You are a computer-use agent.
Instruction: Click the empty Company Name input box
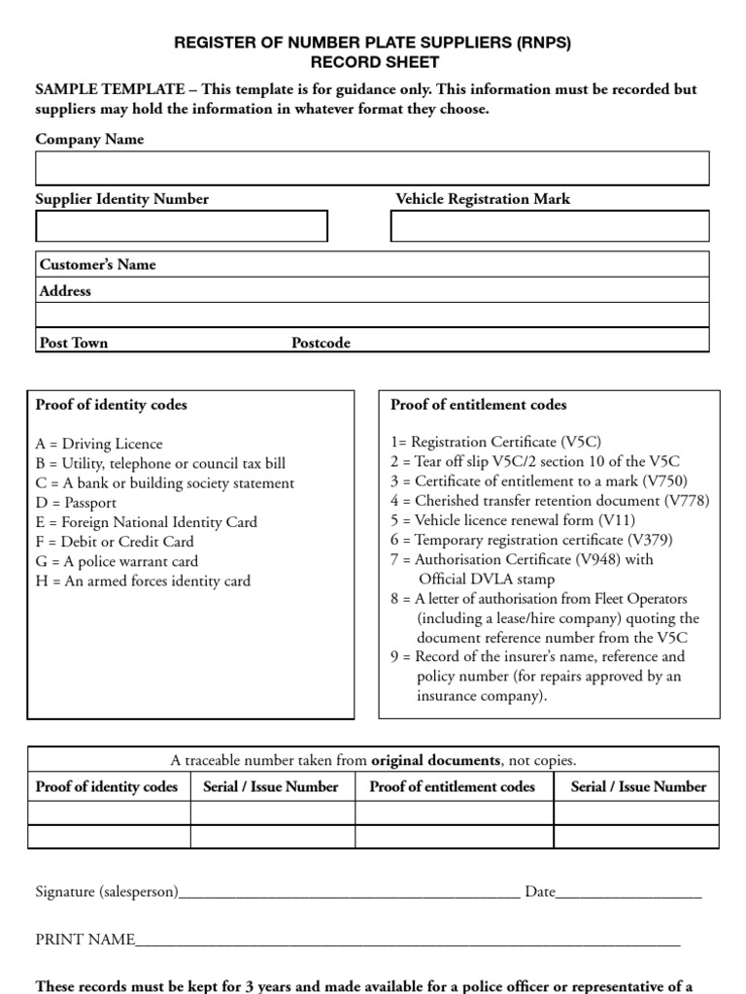(372, 168)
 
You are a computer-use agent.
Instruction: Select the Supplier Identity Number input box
(182, 225)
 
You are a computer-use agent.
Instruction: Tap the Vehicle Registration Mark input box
(550, 225)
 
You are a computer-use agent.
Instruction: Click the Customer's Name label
(97, 264)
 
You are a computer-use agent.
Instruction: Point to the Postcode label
(321, 343)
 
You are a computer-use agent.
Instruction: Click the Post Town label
(74, 343)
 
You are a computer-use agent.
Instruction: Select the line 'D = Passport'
(76, 503)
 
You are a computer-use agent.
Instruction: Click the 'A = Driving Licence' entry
(99, 444)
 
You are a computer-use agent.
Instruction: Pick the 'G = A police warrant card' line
(117, 561)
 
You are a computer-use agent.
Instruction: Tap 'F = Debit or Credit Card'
(115, 542)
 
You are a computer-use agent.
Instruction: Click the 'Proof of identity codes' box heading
(112, 405)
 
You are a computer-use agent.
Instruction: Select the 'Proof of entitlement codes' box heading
(479, 405)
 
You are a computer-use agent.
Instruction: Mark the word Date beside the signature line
(540, 891)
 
